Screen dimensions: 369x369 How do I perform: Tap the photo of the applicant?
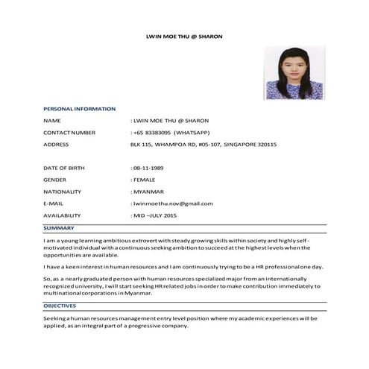point(294,73)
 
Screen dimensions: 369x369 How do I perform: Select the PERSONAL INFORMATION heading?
point(79,109)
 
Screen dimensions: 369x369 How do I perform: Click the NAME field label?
point(52,120)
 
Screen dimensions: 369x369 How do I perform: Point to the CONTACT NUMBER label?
point(69,132)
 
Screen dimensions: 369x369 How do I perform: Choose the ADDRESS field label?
point(57,144)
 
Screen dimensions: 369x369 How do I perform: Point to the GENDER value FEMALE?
point(145,180)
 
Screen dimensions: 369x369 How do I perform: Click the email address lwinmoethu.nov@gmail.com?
point(173,204)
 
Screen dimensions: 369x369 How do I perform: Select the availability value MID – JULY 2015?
point(156,215)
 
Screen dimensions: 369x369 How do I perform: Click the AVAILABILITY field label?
point(63,215)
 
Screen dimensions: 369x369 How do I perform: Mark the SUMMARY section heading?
point(59,227)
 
